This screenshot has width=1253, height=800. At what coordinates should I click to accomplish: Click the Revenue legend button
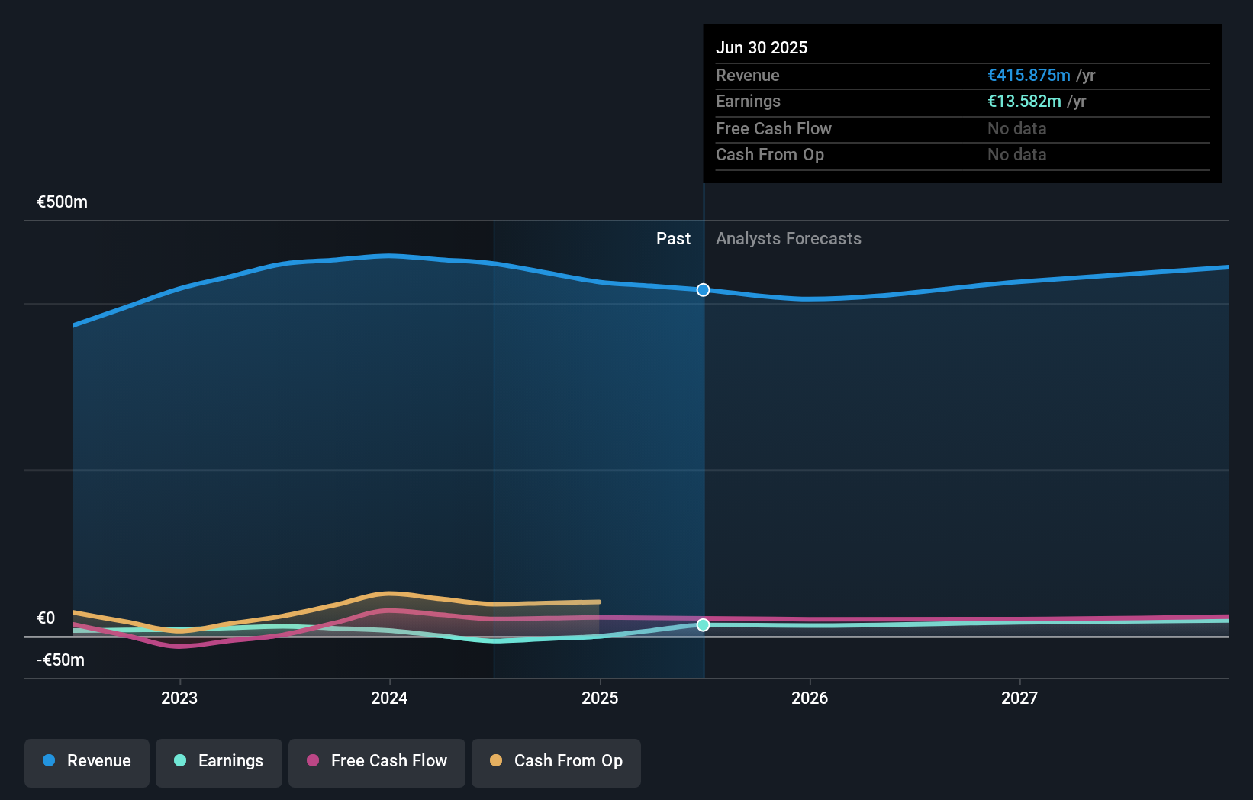tap(87, 761)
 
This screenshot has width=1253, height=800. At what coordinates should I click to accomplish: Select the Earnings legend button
tap(219, 761)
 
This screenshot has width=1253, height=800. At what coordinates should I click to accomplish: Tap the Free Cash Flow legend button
tap(377, 761)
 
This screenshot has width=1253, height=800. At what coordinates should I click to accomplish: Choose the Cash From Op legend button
tap(556, 761)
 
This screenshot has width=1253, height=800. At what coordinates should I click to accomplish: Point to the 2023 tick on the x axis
tap(179, 698)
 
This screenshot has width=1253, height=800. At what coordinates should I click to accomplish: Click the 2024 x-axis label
tap(389, 698)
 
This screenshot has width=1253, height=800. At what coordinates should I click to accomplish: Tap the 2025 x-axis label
tap(600, 698)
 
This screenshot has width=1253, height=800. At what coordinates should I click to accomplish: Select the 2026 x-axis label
tap(810, 698)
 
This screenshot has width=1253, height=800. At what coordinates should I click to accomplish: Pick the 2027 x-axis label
tap(1019, 698)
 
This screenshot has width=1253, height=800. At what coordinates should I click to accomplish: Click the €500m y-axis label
tap(63, 202)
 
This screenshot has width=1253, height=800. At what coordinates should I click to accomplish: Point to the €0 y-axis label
tap(47, 618)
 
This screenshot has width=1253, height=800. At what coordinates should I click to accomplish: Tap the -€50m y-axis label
tap(61, 660)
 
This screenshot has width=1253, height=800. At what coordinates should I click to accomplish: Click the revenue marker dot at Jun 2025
tap(704, 290)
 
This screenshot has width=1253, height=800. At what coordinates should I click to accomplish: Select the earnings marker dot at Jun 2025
tap(704, 625)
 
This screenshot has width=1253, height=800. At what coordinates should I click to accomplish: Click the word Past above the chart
tap(673, 239)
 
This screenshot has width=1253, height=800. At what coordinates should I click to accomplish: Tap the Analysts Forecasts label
tap(788, 239)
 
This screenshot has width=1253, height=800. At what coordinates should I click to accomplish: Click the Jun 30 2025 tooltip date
tap(762, 47)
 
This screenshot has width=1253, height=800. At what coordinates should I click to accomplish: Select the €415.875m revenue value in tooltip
tap(1029, 76)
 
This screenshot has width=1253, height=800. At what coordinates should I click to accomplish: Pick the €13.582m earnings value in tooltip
tap(1024, 102)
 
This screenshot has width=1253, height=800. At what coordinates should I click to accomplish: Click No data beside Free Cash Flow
tap(1016, 129)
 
